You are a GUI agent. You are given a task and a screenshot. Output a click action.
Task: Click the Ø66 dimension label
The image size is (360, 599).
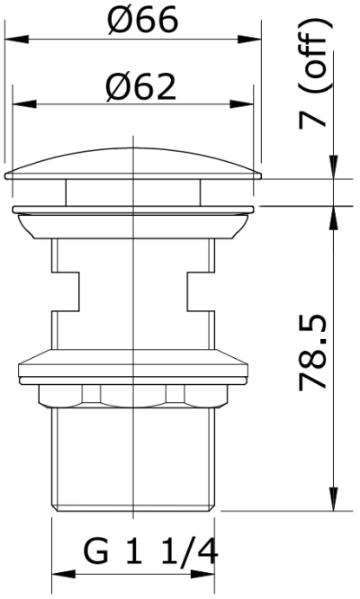click(142, 20)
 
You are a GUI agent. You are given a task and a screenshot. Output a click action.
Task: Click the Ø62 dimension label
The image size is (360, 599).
click(141, 87)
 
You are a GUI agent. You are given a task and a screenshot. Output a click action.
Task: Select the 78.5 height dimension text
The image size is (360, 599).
click(312, 352)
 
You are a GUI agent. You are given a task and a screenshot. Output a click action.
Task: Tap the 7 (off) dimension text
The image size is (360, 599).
click(312, 74)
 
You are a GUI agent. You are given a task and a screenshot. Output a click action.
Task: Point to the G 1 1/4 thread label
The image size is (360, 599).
click(150, 551)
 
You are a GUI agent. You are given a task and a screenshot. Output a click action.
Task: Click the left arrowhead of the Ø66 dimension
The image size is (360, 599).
click(17, 39)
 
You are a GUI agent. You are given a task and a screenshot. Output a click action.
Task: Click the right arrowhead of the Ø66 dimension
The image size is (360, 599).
click(249, 39)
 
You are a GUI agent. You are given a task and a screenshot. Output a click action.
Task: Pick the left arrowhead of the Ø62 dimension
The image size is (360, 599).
click(24, 104)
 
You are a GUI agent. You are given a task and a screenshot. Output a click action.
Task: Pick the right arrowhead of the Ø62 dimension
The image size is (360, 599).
click(242, 104)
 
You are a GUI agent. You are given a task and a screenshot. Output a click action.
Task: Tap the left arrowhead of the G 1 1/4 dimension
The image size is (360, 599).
click(63, 574)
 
